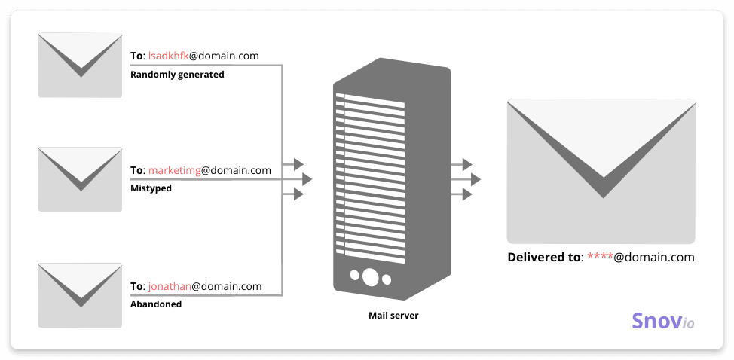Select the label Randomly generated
(177, 75)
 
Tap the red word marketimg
(174, 170)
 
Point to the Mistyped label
(151, 188)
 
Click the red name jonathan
(170, 286)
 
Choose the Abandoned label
(156, 304)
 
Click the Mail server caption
(393, 316)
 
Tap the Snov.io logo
(662, 322)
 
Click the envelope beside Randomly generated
(80, 65)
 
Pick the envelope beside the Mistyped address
(80, 179)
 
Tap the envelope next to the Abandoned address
(80, 294)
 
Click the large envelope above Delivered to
(601, 170)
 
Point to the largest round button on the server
(370, 276)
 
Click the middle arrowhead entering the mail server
(307, 179)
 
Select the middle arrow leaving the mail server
(475, 179)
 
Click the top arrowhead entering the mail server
(298, 164)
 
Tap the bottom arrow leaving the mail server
(466, 194)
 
